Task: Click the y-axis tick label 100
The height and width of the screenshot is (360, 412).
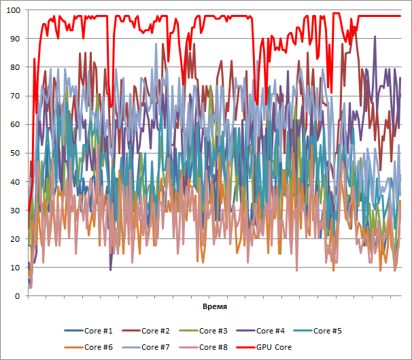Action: click(x=13, y=10)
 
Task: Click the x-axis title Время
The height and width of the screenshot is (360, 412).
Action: click(x=214, y=307)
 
